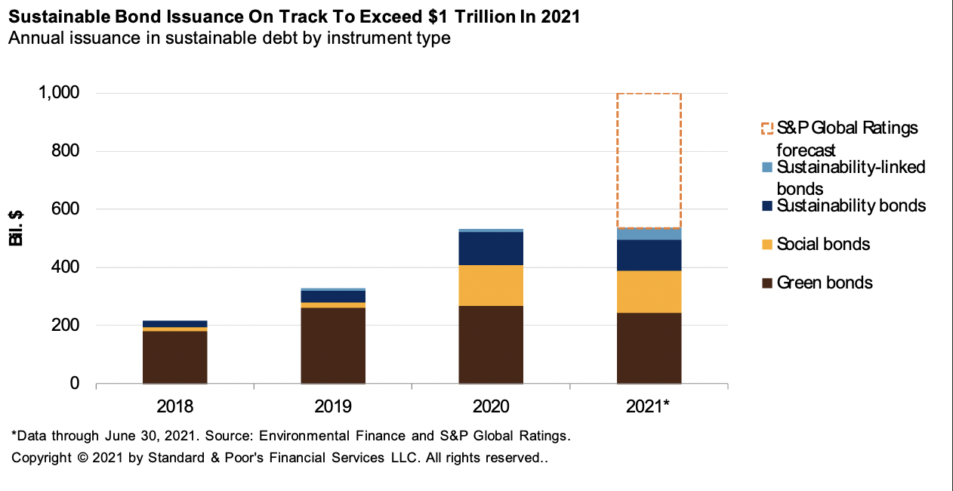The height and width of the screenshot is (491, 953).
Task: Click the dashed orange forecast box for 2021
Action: pyautogui.click(x=649, y=160)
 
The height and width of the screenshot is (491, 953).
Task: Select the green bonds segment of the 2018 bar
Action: pyautogui.click(x=174, y=357)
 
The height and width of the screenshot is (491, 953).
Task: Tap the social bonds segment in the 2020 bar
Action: pyautogui.click(x=491, y=286)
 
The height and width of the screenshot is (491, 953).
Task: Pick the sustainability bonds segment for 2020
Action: pyautogui.click(x=491, y=249)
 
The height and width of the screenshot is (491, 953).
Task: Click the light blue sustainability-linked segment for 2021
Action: pyautogui.click(x=649, y=233)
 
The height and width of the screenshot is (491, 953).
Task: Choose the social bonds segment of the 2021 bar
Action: pyautogui.click(x=649, y=292)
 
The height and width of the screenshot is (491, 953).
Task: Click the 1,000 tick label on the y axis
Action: pyautogui.click(x=58, y=93)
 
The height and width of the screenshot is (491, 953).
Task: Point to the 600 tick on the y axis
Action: pyautogui.click(x=64, y=209)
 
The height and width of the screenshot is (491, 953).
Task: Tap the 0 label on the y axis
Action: pyautogui.click(x=74, y=384)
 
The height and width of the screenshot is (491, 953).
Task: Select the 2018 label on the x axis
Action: pyautogui.click(x=174, y=406)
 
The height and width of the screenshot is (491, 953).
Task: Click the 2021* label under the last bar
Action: pyautogui.click(x=649, y=406)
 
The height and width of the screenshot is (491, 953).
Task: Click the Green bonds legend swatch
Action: pyautogui.click(x=767, y=283)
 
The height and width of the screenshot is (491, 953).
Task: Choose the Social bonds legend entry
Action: pyautogui.click(x=823, y=244)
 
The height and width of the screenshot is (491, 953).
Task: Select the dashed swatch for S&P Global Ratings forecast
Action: pyautogui.click(x=767, y=128)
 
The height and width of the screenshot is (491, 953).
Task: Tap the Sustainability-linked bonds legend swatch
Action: pyautogui.click(x=767, y=167)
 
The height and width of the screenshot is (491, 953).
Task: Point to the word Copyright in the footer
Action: pyautogui.click(x=42, y=458)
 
